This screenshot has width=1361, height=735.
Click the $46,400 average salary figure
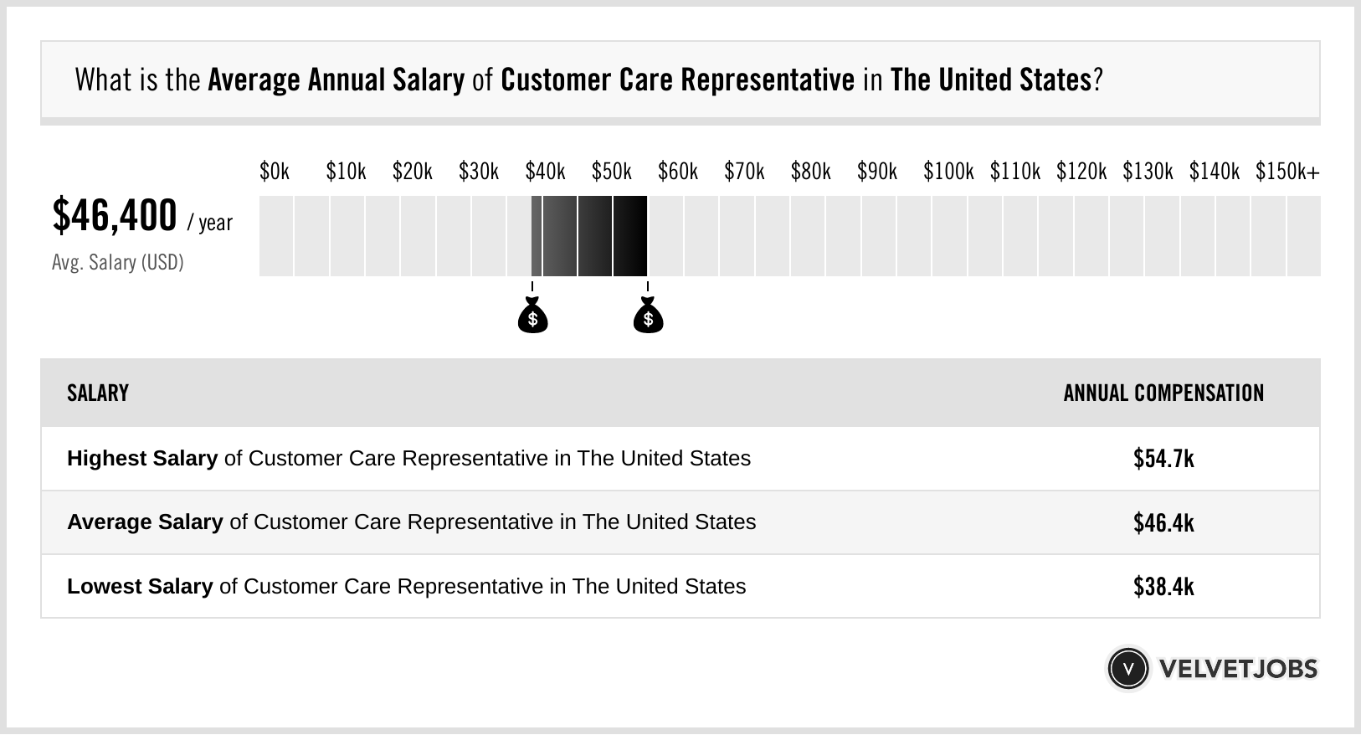[x=115, y=216]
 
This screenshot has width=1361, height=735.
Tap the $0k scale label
[x=275, y=172]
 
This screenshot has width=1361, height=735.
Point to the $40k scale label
[x=545, y=172]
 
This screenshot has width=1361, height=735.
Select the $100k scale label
[x=948, y=172]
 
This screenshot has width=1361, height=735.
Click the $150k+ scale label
[x=1287, y=172]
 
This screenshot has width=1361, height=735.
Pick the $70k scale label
[x=744, y=172]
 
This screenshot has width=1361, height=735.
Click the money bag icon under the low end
[x=532, y=317]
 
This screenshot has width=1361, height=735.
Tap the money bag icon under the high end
[x=648, y=317]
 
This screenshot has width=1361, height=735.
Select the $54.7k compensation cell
[x=1163, y=459]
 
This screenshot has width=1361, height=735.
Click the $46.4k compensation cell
[x=1163, y=522]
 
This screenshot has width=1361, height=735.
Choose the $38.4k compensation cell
[x=1163, y=586]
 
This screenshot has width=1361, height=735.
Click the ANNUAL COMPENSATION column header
[x=1163, y=393]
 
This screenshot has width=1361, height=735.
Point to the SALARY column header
[x=98, y=393]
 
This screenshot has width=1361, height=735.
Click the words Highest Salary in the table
[x=142, y=459]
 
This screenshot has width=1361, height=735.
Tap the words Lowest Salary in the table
[x=140, y=586]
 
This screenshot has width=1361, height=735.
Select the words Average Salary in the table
[x=145, y=522]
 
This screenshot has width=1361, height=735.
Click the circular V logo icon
[x=1127, y=668]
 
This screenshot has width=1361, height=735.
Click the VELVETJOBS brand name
[x=1238, y=669]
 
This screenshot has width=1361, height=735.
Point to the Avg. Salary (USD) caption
[x=117, y=263]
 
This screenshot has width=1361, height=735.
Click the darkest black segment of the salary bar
[x=630, y=236]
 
